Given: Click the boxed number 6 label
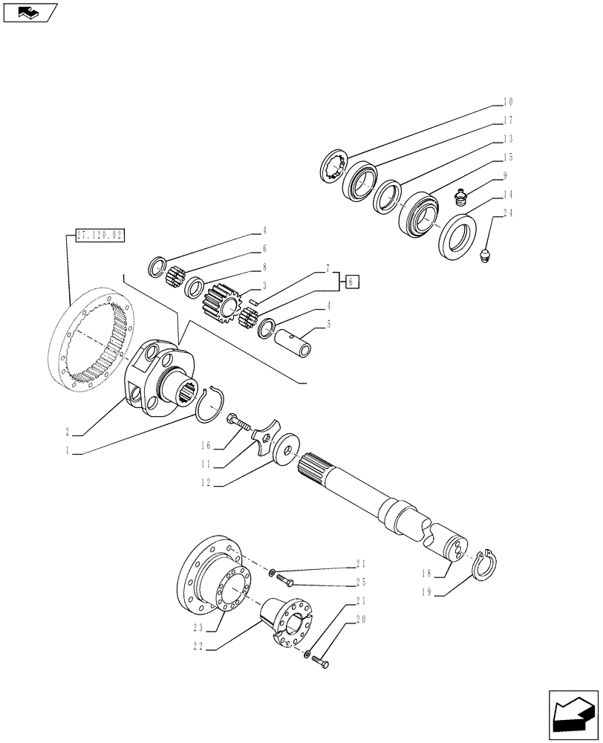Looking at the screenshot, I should [x=352, y=280].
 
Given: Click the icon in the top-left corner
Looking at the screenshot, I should [x=30, y=13].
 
